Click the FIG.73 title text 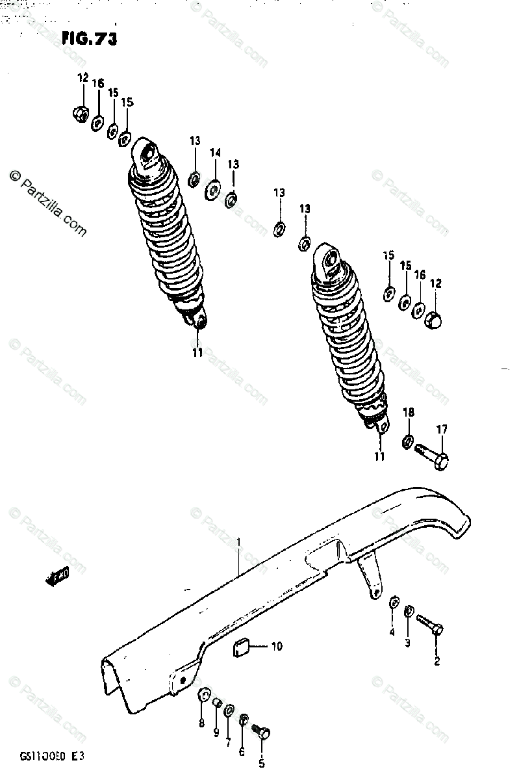point(89,40)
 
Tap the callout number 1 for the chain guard point(238,541)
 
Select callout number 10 point(277,646)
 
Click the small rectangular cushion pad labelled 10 point(244,647)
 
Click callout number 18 point(408,412)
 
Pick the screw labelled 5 point(262,732)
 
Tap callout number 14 point(215,153)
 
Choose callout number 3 point(408,643)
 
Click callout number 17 point(442,429)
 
